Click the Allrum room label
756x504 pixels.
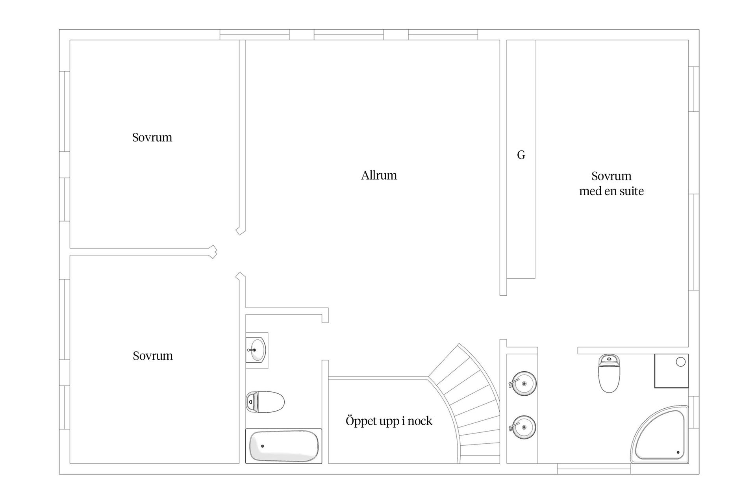(379, 175)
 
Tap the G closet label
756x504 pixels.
(521, 155)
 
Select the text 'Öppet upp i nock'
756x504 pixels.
(389, 421)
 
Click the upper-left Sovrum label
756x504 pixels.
(152, 137)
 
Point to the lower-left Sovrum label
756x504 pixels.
(153, 356)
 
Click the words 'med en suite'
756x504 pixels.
(611, 191)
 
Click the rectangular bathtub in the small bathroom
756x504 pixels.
(283, 446)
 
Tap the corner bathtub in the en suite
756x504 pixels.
(660, 434)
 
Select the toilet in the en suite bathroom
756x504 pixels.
(609, 373)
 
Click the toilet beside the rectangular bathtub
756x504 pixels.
(265, 402)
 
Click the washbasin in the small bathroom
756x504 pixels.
(256, 350)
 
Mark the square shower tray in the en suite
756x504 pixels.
(671, 371)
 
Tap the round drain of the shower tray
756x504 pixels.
(681, 362)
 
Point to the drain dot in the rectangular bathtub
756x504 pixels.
(263, 446)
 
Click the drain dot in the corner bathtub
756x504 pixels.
(678, 453)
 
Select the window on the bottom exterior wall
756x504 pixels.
(594, 469)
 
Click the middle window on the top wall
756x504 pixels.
(349, 35)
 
